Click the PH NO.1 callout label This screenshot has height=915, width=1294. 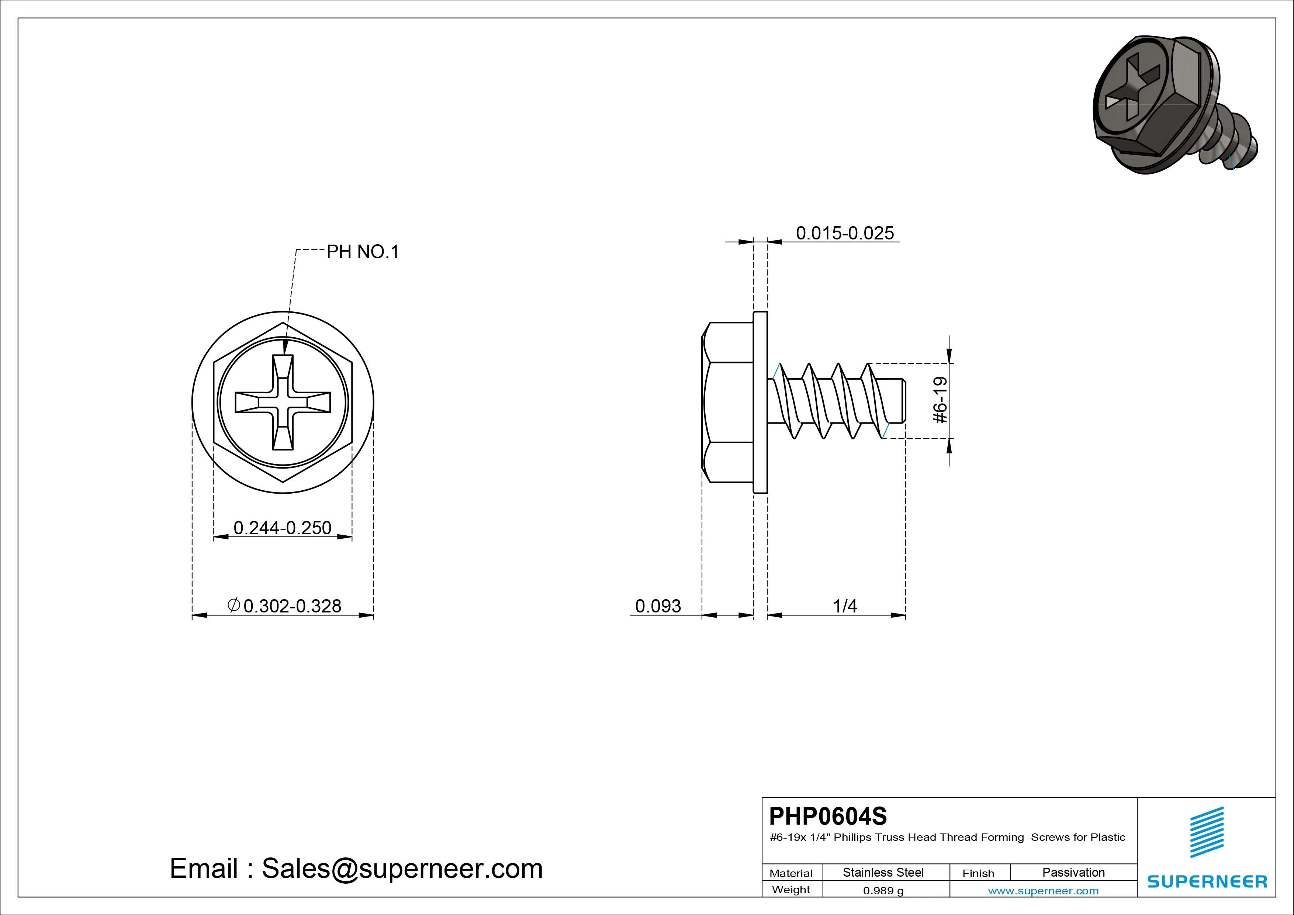pyautogui.click(x=363, y=252)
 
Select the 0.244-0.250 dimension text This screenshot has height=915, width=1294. pyautogui.click(x=282, y=528)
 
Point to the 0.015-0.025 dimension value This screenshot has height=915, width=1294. pyautogui.click(x=845, y=233)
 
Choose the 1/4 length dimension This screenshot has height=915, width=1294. pyautogui.click(x=845, y=606)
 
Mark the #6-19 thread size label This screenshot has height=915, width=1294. pyautogui.click(x=940, y=400)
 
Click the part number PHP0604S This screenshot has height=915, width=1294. pyautogui.click(x=828, y=816)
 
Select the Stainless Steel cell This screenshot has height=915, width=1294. pyautogui.click(x=883, y=872)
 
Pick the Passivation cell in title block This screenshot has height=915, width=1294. pyautogui.click(x=1074, y=872)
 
